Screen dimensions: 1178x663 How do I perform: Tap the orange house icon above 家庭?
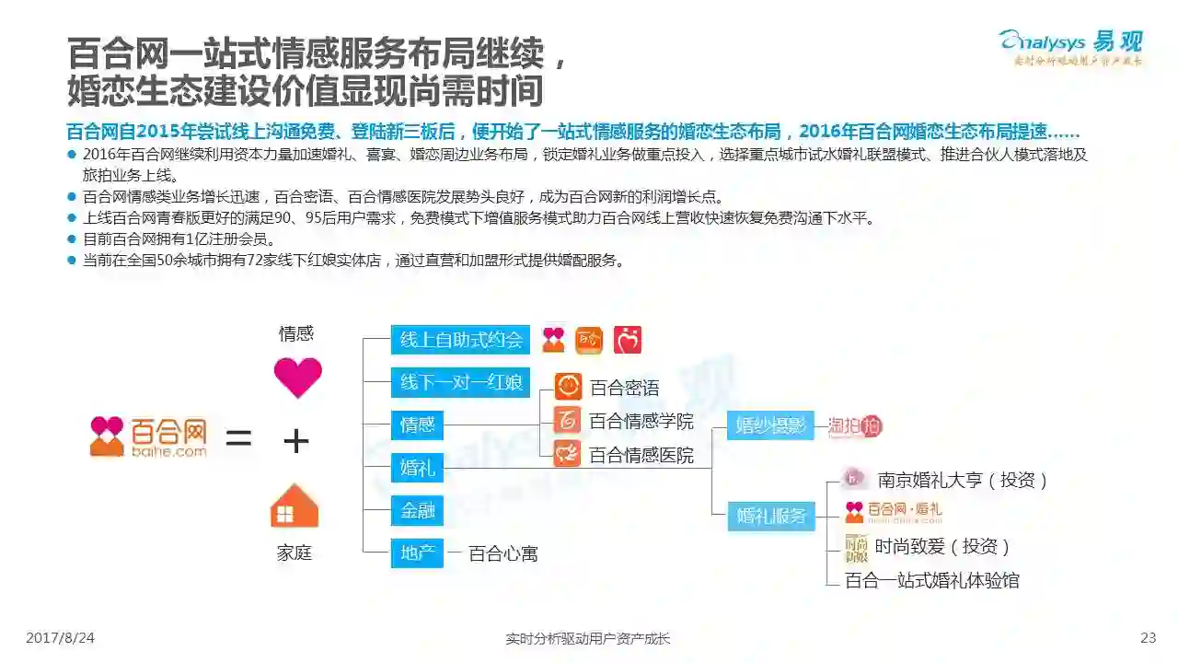(294, 506)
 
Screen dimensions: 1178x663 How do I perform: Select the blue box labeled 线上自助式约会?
(460, 340)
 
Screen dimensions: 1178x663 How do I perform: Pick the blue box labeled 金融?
(417, 510)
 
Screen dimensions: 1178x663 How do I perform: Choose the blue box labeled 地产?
(417, 552)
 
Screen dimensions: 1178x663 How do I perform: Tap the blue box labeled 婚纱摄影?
(771, 425)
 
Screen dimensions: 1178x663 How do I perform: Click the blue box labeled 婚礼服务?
(771, 516)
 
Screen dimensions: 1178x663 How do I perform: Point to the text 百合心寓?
(502, 553)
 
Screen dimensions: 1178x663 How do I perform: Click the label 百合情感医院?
(641, 455)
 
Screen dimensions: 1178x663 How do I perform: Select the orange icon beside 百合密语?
(567, 387)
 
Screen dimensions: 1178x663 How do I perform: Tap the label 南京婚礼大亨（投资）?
(963, 480)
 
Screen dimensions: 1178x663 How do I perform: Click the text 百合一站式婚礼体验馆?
(931, 580)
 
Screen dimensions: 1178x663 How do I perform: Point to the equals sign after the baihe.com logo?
(238, 439)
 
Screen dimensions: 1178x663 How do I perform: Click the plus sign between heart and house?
(295, 442)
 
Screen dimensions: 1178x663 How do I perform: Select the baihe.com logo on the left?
(148, 436)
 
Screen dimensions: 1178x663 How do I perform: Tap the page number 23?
(1148, 638)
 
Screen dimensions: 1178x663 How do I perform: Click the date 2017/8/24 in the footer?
(60, 638)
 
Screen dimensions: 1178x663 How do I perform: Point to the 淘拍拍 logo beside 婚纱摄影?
(855, 426)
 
